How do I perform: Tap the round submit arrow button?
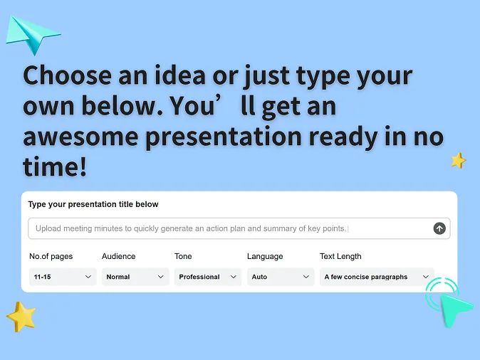[x=439, y=228]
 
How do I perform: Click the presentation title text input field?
[x=228, y=228]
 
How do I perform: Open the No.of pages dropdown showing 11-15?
[x=63, y=277]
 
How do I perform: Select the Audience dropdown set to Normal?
[x=135, y=277]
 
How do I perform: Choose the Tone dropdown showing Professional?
[x=208, y=277]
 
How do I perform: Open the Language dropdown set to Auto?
[x=281, y=277]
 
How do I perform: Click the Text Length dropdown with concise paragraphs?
[x=376, y=277]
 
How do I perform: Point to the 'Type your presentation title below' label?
[x=93, y=204]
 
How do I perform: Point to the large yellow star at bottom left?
[x=21, y=316]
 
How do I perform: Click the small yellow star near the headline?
[x=458, y=161]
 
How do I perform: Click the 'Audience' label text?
[x=118, y=256]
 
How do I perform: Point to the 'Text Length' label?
[x=340, y=256]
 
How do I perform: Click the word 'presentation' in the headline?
[x=223, y=135]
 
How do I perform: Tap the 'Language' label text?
[x=265, y=256]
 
